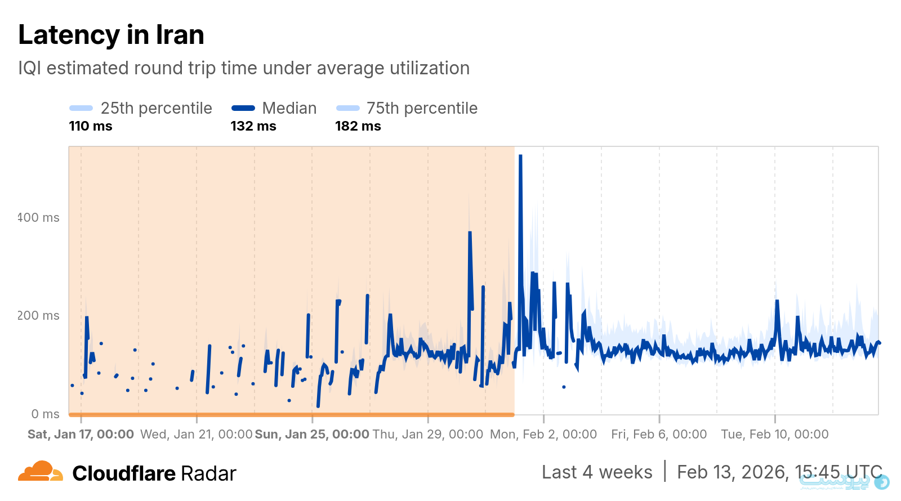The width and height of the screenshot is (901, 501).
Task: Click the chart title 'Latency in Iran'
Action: point(111,35)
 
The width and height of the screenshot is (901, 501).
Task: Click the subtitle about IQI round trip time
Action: point(243,68)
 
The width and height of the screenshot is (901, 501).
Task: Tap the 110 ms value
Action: point(91,126)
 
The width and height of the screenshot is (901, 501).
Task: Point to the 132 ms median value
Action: point(253,126)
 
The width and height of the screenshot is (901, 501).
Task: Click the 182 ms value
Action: point(358,126)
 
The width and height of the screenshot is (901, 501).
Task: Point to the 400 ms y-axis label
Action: point(38,218)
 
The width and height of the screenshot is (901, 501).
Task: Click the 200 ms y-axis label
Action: point(38,316)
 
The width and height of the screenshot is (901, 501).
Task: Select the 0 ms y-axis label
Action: point(45,414)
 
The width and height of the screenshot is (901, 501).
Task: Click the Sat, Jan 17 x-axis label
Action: point(81,434)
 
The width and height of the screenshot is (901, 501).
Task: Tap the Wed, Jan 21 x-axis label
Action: point(196,434)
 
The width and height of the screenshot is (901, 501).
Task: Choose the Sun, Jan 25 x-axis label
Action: point(312,434)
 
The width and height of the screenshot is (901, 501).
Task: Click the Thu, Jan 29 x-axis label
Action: point(428,434)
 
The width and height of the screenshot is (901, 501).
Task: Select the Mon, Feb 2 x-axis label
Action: point(543,434)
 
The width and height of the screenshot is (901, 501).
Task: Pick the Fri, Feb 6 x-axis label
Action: point(659,434)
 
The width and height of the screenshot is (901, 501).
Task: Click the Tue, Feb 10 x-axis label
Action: point(775,434)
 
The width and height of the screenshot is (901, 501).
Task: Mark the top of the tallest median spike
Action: point(520,156)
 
